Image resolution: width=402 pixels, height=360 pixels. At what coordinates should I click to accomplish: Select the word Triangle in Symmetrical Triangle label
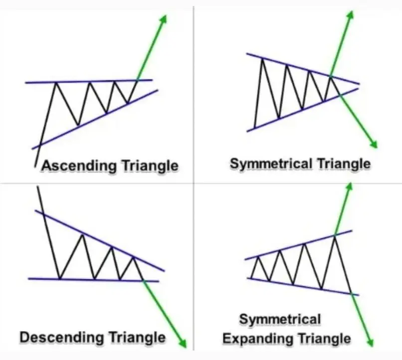coord(344,163)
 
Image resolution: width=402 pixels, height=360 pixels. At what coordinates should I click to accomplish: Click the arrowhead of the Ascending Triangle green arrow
coord(163,19)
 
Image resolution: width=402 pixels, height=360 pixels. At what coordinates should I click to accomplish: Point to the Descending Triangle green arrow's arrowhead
coord(183,344)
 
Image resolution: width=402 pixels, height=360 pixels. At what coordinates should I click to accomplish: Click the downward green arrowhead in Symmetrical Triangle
coord(374,144)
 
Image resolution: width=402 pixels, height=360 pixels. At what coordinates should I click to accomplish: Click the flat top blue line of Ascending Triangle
coord(90,81)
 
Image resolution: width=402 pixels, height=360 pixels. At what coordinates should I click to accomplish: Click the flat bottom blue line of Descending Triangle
coord(90,280)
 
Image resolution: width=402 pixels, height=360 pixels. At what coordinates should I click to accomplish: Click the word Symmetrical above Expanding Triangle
coord(280,319)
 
